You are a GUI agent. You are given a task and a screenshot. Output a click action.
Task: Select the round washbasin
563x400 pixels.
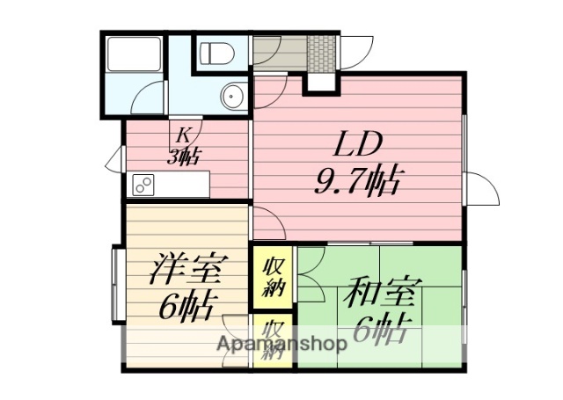pos(233,95)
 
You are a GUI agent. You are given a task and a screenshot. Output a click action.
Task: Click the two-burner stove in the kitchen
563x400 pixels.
pos(143,185)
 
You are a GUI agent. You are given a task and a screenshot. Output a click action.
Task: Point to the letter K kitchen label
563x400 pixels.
pos(184,135)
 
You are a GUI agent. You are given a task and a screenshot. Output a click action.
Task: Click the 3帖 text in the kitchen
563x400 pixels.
pos(186,156)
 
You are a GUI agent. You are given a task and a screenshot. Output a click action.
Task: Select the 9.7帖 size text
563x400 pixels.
pos(357,183)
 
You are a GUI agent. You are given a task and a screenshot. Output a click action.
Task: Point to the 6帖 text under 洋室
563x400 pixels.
pos(188,308)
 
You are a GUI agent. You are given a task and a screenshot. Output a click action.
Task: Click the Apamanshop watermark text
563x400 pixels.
pos(281,344)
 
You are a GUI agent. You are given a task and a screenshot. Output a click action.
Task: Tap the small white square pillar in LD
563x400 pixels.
pos(319,83)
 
